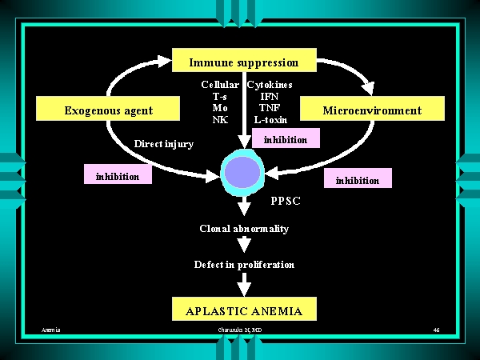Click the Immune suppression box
244,62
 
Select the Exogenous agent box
108,110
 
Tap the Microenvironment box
371,110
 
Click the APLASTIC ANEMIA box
244,310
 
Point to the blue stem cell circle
242,172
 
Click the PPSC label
286,201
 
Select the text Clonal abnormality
244,229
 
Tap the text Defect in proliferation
244,264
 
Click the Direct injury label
164,144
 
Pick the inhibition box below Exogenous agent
118,176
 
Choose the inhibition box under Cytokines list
285,139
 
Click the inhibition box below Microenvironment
358,179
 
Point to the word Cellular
220,84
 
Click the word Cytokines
270,84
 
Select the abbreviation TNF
270,108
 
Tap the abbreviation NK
220,120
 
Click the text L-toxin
270,120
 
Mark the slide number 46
436,330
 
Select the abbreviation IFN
270,96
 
